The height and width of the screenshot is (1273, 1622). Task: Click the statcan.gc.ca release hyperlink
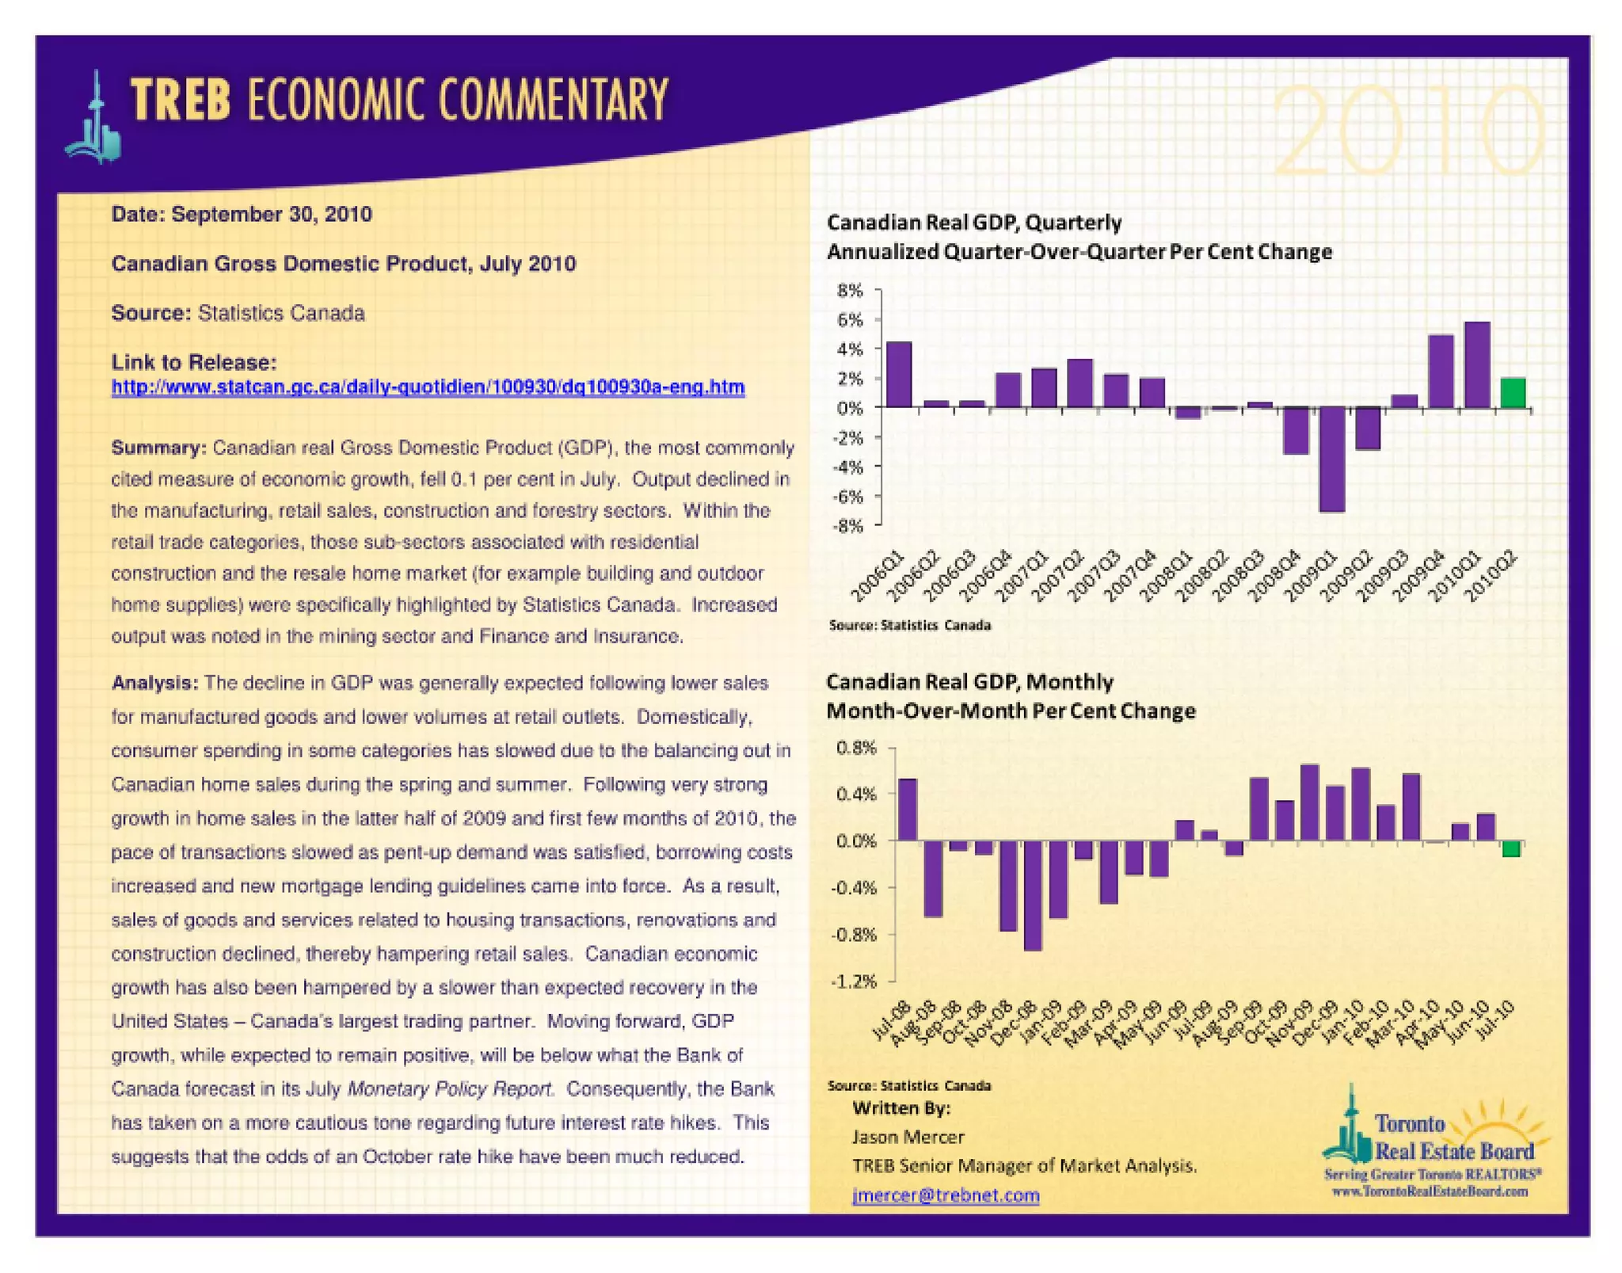pos(428,387)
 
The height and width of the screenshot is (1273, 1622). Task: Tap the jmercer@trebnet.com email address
pos(945,1195)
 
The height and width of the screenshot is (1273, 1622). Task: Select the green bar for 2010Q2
pos(1513,393)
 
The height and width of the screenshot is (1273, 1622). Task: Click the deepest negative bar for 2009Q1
pos(1331,459)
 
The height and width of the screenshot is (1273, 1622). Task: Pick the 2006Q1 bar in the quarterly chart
pos(899,375)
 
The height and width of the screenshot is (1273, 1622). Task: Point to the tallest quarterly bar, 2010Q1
pos(1477,365)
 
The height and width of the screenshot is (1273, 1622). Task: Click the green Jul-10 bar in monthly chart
pos(1510,848)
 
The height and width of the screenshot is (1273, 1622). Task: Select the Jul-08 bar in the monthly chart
pos(907,810)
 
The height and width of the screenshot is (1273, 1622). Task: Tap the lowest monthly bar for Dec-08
pos(1033,895)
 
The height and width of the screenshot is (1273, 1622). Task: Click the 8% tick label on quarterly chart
pos(850,291)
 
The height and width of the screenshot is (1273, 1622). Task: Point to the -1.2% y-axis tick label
pos(853,981)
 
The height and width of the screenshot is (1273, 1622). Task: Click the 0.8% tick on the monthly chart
pos(856,748)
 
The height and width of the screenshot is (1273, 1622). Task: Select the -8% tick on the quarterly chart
pos(847,526)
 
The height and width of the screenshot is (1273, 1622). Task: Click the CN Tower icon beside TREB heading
pos(95,119)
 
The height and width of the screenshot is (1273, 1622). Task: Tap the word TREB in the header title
pos(181,101)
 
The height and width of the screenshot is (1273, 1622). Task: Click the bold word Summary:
pos(158,448)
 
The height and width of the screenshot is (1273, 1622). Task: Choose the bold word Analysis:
pos(154,683)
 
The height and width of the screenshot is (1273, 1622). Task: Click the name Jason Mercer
pos(908,1138)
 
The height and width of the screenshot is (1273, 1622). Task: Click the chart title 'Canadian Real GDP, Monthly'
pos(969,682)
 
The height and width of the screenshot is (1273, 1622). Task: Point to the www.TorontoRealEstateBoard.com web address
pos(1430,1191)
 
